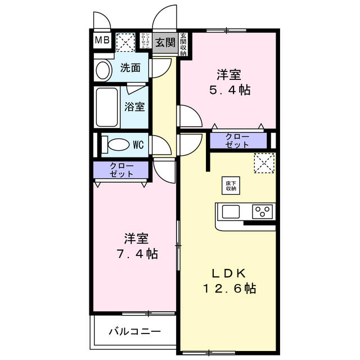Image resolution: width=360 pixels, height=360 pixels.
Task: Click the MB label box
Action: (x=102, y=40)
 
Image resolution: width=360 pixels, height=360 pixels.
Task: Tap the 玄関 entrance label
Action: (x=165, y=42)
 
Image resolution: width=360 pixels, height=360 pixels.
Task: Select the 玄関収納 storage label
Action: (x=183, y=44)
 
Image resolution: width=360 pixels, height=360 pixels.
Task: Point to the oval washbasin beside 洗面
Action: (x=103, y=70)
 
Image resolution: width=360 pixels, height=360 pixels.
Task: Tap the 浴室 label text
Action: (x=134, y=106)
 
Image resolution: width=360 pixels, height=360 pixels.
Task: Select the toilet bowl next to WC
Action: (x=119, y=145)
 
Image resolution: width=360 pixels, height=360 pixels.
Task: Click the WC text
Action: (x=139, y=145)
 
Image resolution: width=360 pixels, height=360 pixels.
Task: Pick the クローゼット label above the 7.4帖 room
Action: (x=121, y=170)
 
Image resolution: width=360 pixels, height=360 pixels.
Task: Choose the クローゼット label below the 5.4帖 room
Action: (x=237, y=141)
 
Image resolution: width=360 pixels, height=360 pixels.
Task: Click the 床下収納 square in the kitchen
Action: (x=231, y=186)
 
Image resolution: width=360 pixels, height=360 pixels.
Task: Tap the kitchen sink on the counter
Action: (x=231, y=212)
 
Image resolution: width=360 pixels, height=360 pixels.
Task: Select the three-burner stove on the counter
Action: (x=262, y=212)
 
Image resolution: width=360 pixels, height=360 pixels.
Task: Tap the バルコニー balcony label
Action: (x=134, y=331)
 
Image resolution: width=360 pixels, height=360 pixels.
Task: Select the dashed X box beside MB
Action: (x=124, y=42)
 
